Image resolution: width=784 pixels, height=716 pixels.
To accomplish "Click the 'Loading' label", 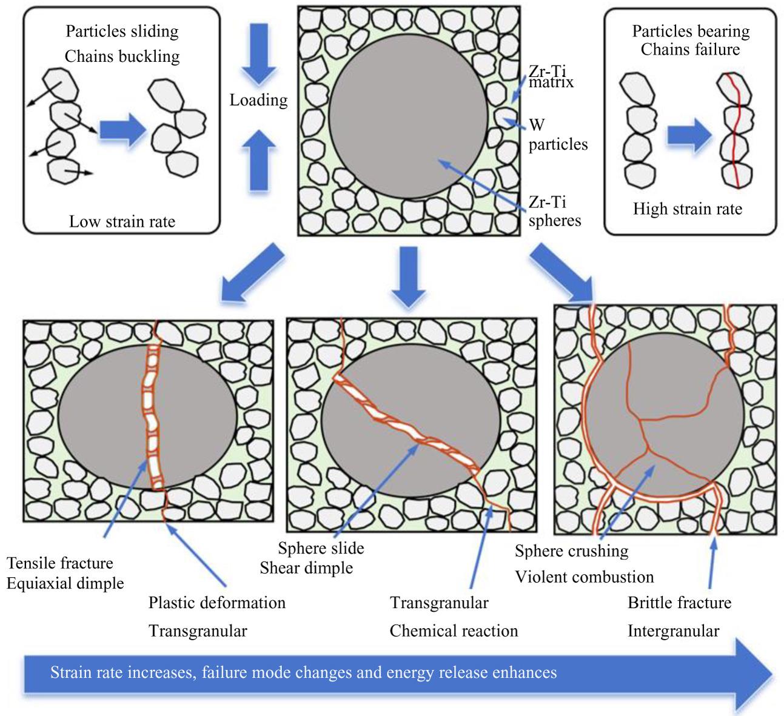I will [258, 100].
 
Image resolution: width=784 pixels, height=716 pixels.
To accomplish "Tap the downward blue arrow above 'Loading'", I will [258, 53].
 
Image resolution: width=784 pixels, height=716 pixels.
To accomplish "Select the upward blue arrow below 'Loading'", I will [258, 160].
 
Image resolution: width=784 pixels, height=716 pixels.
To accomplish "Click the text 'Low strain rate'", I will [122, 221].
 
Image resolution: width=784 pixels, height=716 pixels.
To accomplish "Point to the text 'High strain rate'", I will [688, 209].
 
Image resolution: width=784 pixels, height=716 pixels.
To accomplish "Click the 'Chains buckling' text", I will [122, 56].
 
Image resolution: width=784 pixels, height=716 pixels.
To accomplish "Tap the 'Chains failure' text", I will [690, 49].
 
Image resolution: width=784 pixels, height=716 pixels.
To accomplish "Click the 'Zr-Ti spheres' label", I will [554, 211].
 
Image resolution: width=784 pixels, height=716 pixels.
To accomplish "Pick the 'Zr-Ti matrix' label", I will [551, 76].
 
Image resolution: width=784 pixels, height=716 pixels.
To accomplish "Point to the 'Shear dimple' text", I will [306, 568].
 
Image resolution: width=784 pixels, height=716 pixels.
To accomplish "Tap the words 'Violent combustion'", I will [585, 577].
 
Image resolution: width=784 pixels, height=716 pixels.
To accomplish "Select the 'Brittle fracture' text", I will [679, 603].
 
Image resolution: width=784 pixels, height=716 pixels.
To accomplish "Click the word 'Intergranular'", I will [673, 631].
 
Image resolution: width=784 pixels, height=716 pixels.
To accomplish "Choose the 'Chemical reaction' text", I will [454, 631].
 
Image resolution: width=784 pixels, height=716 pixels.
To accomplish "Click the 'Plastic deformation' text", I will [217, 603].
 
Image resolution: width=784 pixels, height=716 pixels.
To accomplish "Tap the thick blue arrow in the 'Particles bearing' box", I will [689, 135].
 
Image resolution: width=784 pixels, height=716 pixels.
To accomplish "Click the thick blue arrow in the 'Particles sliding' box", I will [122, 129].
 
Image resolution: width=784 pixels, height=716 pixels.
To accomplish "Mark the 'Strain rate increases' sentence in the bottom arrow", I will [303, 672].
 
